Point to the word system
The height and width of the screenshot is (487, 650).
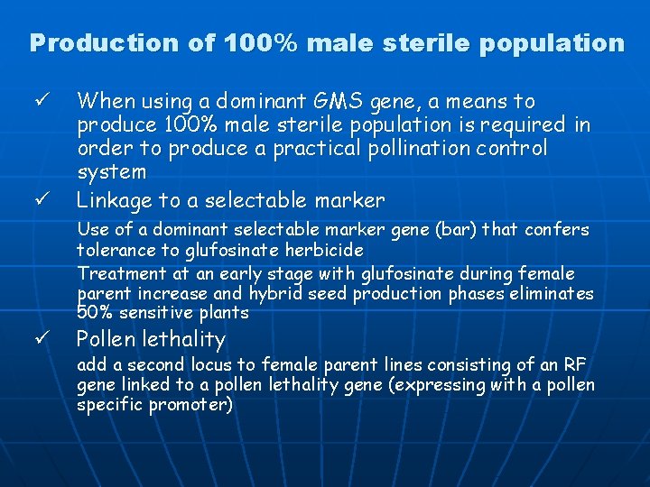click(x=111, y=171)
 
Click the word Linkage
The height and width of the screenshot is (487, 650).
click(x=116, y=200)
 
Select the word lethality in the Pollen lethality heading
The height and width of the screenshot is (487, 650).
click(x=184, y=339)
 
